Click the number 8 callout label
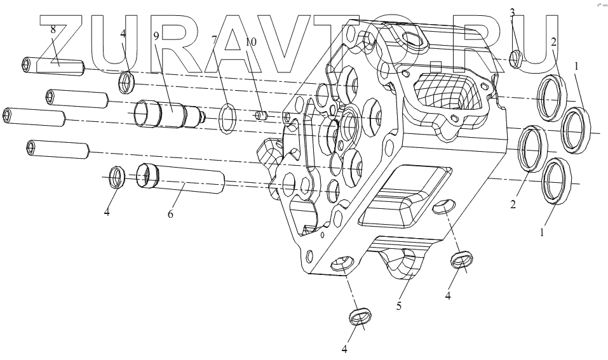click(x=53, y=29)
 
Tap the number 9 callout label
click(x=156, y=36)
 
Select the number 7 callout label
click(x=215, y=39)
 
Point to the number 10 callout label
click(x=251, y=41)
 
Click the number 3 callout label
click(x=512, y=12)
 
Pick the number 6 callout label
click(x=170, y=214)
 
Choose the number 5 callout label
click(x=398, y=306)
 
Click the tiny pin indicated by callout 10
click(x=262, y=116)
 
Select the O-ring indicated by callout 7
click(x=227, y=118)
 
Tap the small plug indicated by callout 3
click(x=516, y=58)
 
